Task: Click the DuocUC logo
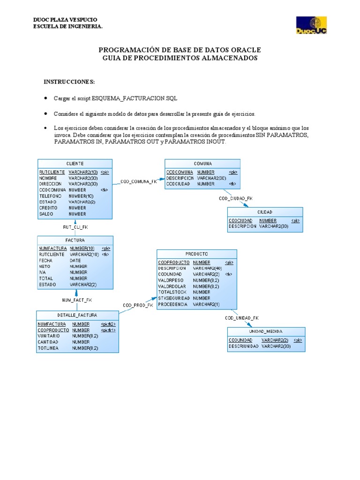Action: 311,25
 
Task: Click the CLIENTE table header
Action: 75,164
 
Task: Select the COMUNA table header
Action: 202,164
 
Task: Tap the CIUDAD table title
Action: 265,212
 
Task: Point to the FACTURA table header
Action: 75,240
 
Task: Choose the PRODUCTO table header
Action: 197,254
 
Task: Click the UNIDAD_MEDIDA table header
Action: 266,331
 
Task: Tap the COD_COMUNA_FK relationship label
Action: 139,181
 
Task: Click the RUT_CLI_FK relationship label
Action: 75,227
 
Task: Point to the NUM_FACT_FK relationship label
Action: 77,299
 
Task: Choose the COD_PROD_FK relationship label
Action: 138,305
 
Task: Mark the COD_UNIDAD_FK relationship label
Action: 241,318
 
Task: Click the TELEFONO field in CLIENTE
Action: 51,196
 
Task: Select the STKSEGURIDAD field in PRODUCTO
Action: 173,298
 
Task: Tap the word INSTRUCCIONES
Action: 69,82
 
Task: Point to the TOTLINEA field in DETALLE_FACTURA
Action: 48,348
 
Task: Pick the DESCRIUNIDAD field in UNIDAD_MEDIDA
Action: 244,346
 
